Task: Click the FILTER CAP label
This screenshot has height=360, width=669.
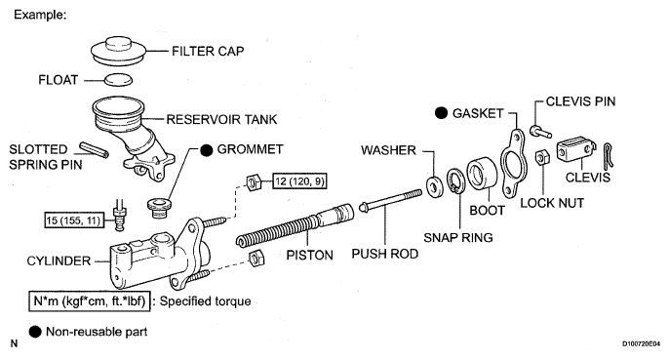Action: point(208,52)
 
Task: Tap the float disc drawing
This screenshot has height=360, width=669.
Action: point(118,79)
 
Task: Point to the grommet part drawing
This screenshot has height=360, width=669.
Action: point(159,208)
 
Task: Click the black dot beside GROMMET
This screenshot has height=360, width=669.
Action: point(207,150)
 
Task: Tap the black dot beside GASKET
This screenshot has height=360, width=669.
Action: point(441,113)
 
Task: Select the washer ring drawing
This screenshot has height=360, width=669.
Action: point(435,185)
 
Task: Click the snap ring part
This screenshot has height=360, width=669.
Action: point(456,180)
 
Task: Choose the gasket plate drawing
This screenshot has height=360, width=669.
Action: point(513,163)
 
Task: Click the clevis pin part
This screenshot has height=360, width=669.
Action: point(540,132)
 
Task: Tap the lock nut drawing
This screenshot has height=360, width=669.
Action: point(542,157)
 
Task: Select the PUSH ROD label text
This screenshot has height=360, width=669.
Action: point(385,254)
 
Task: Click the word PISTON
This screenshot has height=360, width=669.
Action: point(309,255)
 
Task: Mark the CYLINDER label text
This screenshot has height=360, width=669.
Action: point(59,260)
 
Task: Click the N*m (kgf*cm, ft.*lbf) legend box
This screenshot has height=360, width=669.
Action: point(90,301)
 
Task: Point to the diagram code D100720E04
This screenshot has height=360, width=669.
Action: point(641,343)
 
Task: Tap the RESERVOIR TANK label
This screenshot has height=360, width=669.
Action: point(222,119)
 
